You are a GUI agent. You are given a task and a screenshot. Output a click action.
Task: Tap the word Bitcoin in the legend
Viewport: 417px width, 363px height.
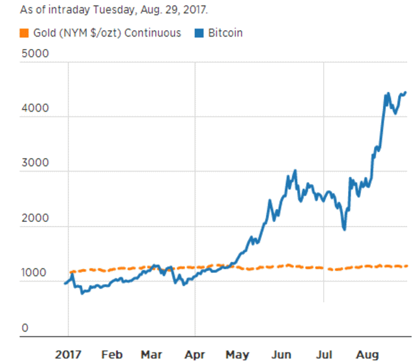coord(224,33)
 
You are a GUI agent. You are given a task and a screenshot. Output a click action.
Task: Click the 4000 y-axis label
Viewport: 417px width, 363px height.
coord(35,109)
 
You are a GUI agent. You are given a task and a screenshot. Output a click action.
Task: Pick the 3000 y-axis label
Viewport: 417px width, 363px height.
coord(35,164)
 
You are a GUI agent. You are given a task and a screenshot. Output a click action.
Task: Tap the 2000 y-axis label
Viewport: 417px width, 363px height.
coord(35,219)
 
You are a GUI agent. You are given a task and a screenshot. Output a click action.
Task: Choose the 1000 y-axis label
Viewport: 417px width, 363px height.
coord(35,274)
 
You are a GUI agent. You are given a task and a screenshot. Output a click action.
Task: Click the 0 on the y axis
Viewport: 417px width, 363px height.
coord(25,328)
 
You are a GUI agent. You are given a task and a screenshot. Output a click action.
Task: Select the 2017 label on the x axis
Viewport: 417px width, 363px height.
coord(68,354)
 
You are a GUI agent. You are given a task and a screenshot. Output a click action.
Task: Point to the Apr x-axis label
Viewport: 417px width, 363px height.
coord(194,354)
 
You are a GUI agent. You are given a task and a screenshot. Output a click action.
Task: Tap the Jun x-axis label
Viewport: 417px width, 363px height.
coord(281,354)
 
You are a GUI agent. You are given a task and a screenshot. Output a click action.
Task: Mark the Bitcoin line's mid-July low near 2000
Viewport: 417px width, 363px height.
coord(343,229)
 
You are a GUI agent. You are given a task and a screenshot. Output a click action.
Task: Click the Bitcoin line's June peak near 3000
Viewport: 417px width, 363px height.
coord(295,170)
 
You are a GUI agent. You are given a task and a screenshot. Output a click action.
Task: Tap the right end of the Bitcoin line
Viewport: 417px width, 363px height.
coord(405,92)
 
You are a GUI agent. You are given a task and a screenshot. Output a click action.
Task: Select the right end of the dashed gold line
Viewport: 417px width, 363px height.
coord(407,266)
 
